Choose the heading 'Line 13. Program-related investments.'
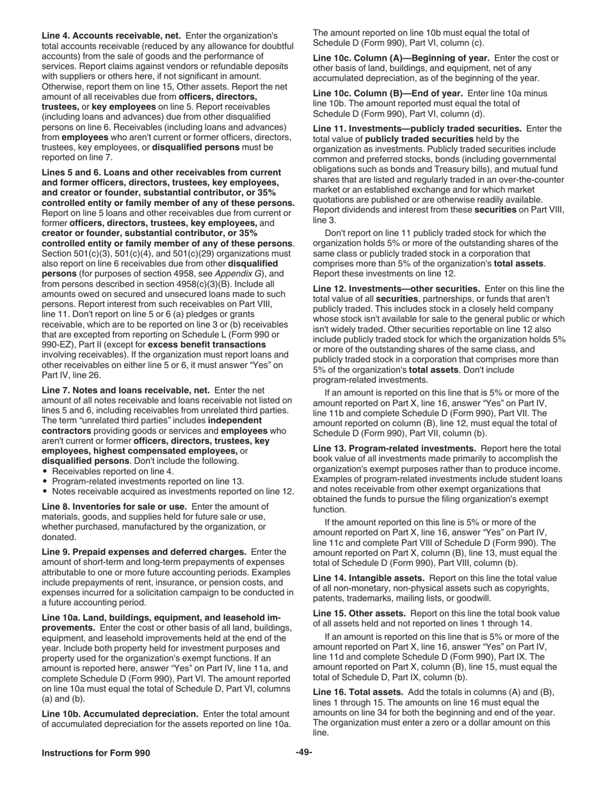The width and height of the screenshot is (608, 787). pyautogui.click(x=394, y=449)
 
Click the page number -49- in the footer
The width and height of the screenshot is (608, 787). pyautogui.click(x=303, y=752)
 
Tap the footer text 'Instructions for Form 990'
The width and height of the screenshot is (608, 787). pyautogui.click(x=96, y=753)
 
